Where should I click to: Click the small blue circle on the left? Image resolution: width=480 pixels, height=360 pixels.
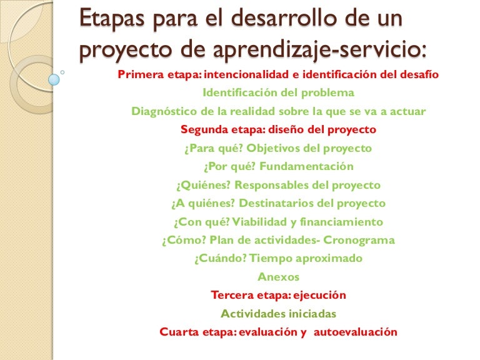coord(54,79)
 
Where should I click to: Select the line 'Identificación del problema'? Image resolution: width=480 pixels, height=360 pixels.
coord(279,92)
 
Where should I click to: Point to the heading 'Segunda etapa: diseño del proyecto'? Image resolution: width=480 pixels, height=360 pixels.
coord(279,130)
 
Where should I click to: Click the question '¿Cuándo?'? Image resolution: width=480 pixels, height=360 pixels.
coord(218,258)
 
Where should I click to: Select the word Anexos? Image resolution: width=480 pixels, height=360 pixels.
coord(279,276)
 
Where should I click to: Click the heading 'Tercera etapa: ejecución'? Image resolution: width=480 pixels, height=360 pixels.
coord(279,295)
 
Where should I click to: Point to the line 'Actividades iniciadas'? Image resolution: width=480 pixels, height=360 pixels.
coord(279,313)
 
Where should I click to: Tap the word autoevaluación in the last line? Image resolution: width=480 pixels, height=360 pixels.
coord(355,332)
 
